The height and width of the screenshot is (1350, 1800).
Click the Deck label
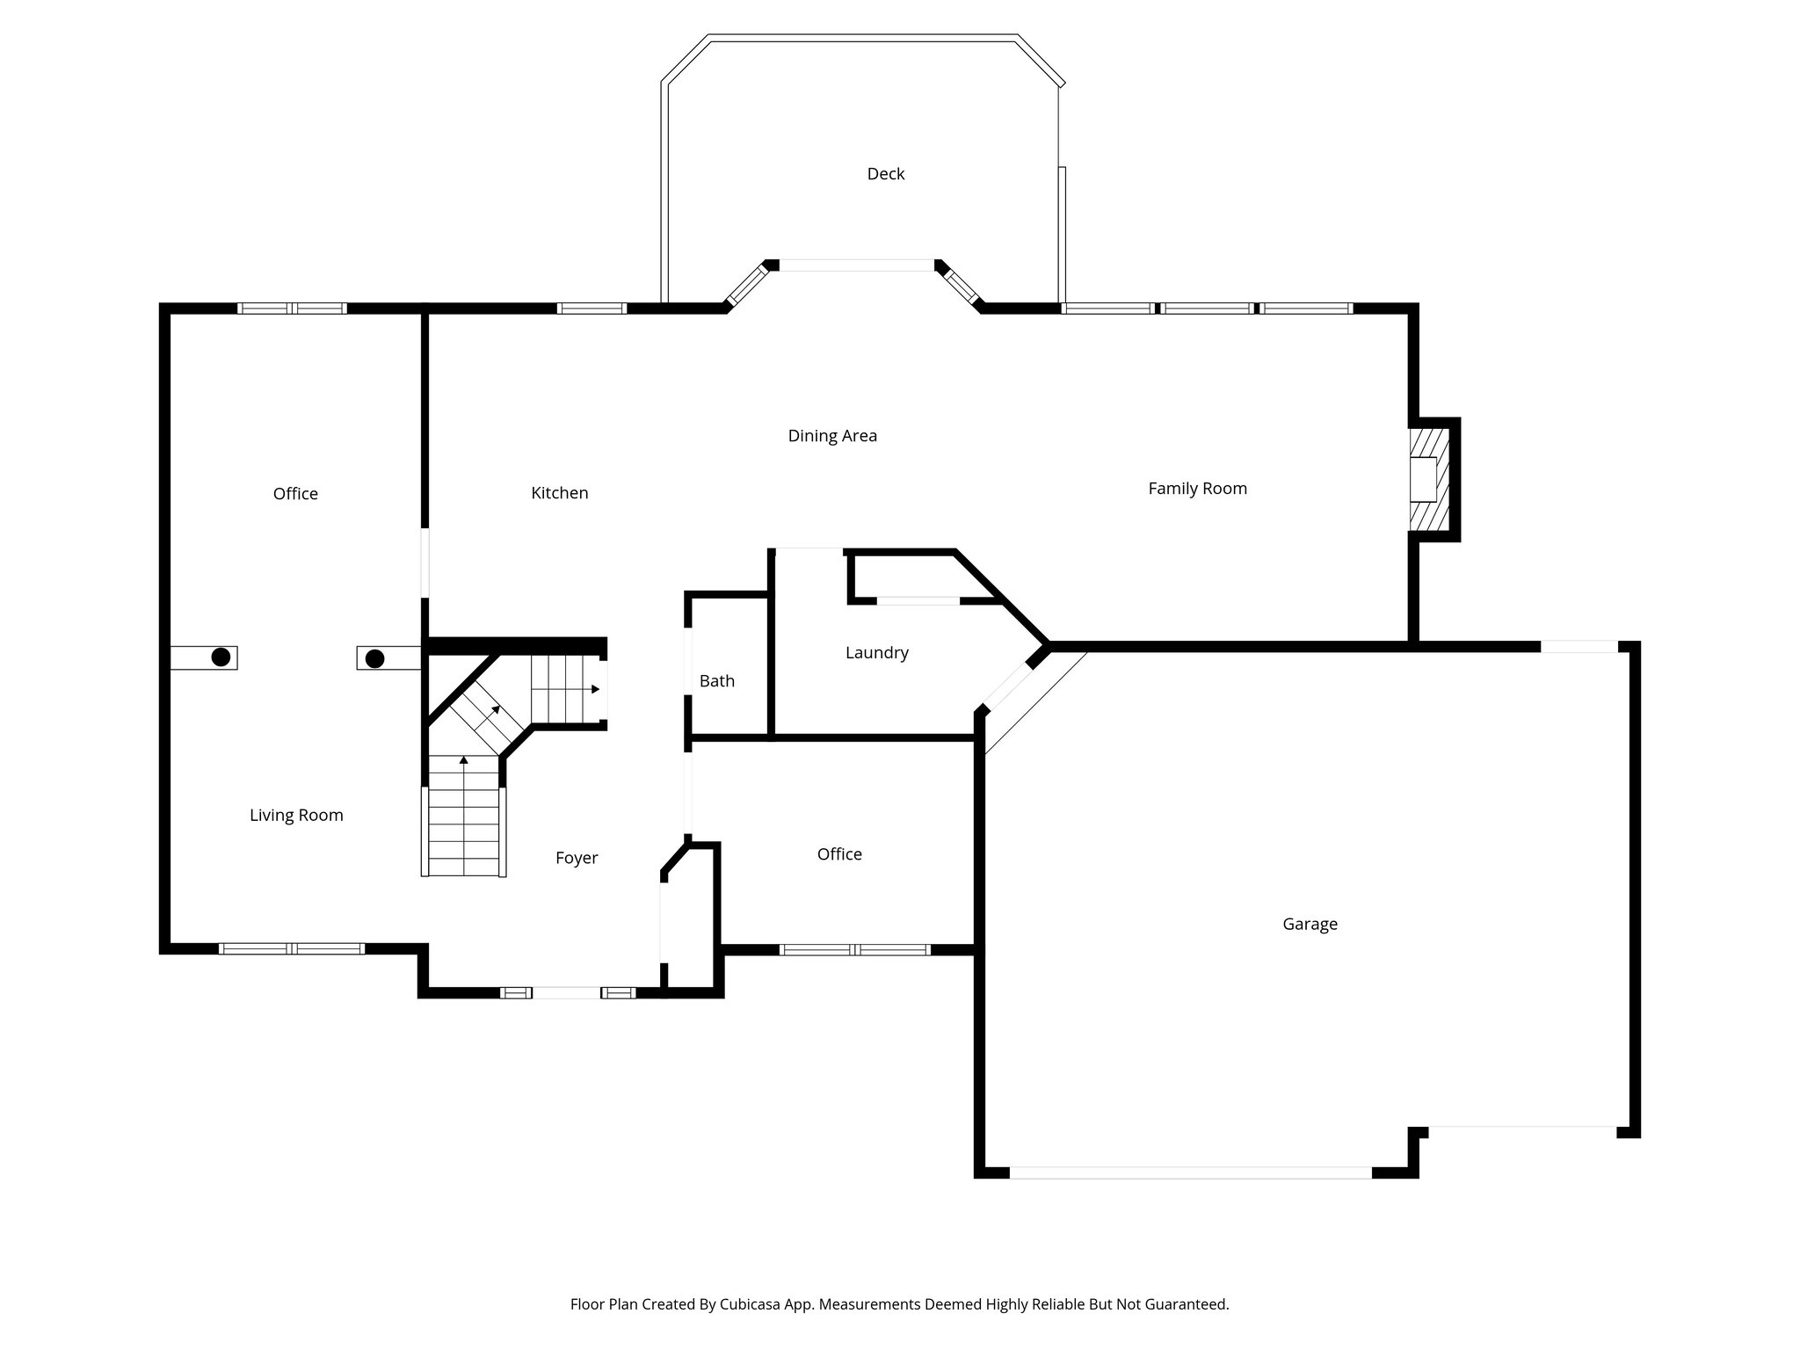coord(885,174)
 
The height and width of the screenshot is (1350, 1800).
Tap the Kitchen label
coord(559,493)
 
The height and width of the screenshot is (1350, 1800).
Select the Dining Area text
coord(831,436)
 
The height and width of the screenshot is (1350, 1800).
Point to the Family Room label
coord(1197,489)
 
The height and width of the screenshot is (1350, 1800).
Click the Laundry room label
coord(876,653)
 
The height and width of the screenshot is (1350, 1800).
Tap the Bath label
coord(716,681)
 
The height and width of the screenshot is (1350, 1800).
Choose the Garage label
coord(1309,924)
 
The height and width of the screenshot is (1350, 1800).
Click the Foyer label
coord(576,858)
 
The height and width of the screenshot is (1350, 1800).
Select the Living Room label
coord(296,816)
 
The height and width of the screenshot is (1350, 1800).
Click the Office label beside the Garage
coord(838,854)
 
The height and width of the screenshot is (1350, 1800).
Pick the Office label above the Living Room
coord(295,494)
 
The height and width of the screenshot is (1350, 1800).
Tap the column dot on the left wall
coord(221,657)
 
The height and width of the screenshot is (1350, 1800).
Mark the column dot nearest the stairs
coord(374,658)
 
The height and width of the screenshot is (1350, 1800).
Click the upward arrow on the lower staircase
coord(463,759)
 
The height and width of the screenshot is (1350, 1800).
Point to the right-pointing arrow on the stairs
coord(595,689)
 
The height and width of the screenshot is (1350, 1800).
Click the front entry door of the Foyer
coord(567,992)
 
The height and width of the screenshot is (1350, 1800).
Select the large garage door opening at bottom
coord(1190,1172)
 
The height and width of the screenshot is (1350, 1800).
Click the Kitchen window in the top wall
coord(592,308)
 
